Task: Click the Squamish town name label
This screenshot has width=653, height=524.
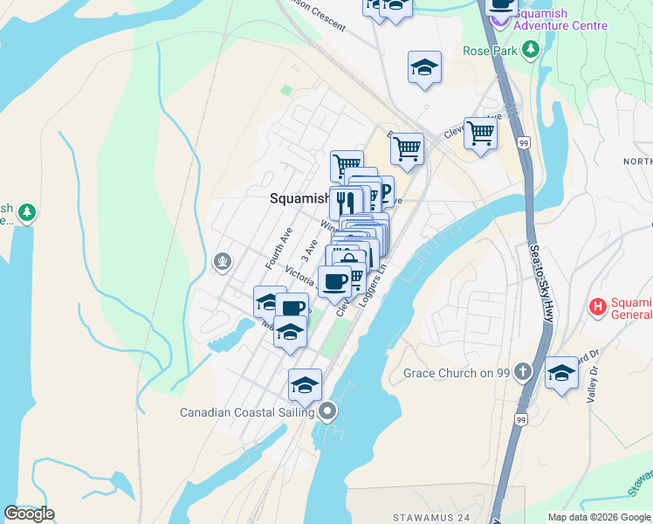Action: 299,198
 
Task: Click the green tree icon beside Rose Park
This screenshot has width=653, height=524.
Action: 530,51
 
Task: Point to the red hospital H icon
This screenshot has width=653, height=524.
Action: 598,307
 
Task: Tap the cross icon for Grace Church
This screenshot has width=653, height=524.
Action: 522,373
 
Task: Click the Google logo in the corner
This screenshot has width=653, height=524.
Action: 29,513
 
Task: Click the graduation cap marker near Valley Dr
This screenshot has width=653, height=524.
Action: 561,373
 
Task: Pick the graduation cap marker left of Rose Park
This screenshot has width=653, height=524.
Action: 424,67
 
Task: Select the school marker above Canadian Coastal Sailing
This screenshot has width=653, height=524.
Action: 305,385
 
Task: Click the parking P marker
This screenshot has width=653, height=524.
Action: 381,191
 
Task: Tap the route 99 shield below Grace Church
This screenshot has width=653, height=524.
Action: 520,419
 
